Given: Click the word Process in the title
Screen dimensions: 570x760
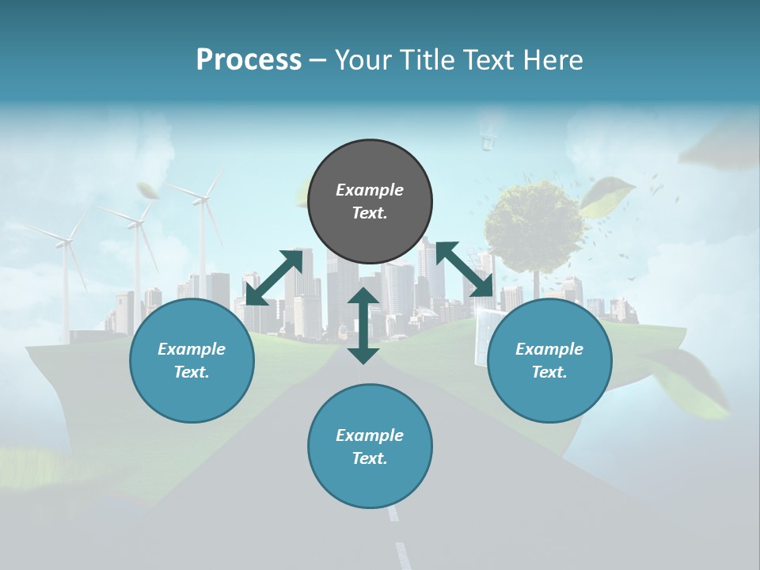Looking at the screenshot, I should (x=249, y=60).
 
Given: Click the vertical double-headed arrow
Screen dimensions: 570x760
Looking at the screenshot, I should (x=363, y=325).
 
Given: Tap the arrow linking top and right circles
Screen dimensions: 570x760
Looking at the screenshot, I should (x=464, y=268).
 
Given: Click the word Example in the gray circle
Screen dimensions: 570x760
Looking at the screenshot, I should (x=370, y=190).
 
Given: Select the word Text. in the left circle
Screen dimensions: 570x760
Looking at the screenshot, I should (x=192, y=372).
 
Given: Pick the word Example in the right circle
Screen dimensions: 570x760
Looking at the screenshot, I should (x=549, y=349).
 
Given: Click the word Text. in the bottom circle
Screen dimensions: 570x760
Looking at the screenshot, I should (x=370, y=458).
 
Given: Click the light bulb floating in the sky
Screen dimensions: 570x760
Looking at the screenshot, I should (x=489, y=141).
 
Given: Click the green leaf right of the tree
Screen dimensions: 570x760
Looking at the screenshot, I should (x=608, y=196).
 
